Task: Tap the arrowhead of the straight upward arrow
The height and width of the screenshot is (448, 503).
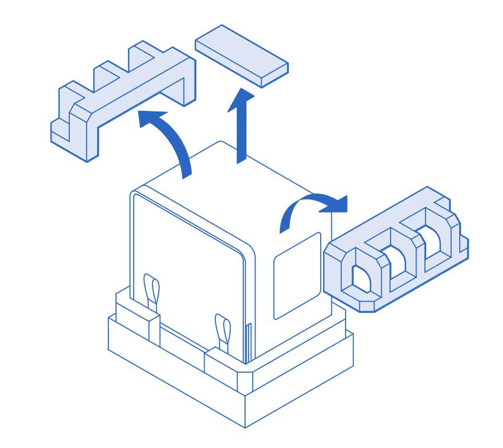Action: [x=241, y=98]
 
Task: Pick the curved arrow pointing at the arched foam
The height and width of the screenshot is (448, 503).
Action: [x=311, y=204]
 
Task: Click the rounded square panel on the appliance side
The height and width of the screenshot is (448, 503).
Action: [x=296, y=275]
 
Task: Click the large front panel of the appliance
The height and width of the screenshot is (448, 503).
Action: [x=188, y=273]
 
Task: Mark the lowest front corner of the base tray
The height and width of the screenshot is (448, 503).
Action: [x=245, y=426]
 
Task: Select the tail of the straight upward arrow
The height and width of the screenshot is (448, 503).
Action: [x=241, y=151]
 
